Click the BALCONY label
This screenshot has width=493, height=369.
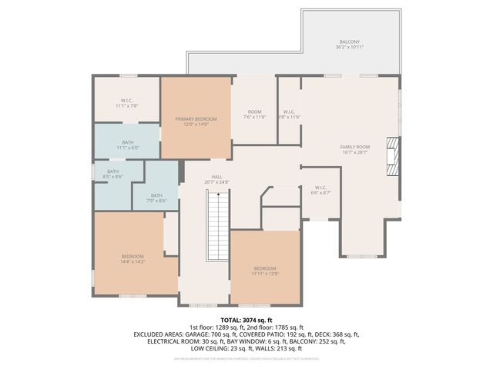[350, 42]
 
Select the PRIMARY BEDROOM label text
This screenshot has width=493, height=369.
[196, 119]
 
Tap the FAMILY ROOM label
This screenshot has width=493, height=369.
[355, 146]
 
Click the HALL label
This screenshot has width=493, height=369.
[217, 177]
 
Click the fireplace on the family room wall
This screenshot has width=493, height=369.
[394, 158]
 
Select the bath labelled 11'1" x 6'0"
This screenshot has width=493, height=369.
[127, 145]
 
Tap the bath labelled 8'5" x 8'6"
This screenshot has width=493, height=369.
[113, 174]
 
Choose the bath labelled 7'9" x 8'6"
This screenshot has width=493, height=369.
[156, 198]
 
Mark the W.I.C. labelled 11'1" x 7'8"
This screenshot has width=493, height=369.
[127, 103]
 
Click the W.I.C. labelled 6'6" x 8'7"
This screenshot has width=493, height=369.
[321, 191]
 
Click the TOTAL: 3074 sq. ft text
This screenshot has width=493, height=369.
[246, 320]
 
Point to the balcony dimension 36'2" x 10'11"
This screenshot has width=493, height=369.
[350, 47]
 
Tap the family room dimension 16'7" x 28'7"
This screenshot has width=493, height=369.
[355, 151]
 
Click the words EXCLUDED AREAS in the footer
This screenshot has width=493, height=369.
[163, 334]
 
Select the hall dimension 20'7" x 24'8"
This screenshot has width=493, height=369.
[217, 182]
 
